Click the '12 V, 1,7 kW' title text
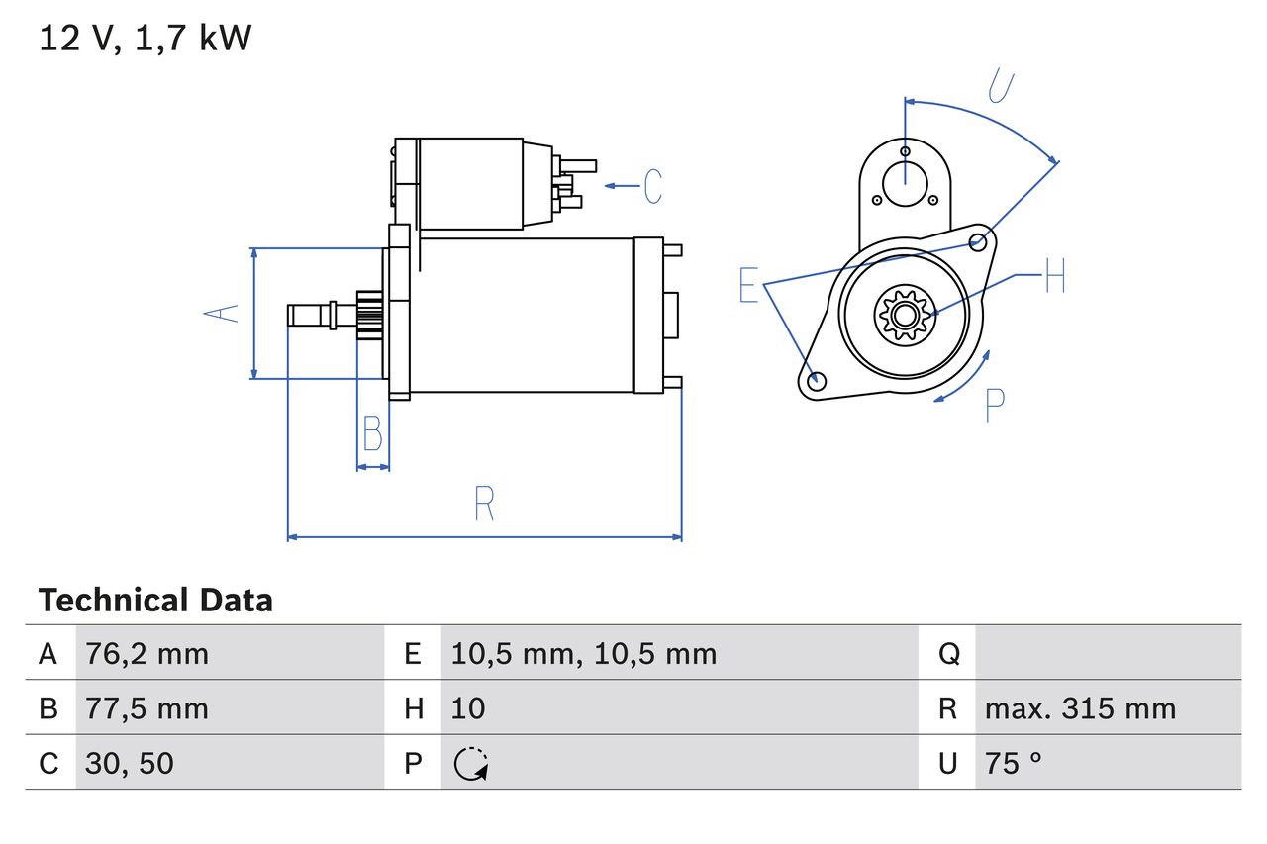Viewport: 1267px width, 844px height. point(146,39)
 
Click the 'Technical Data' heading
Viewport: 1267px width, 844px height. point(155,601)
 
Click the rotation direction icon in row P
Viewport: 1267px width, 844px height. point(471,764)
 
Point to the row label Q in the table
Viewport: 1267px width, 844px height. point(947,653)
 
